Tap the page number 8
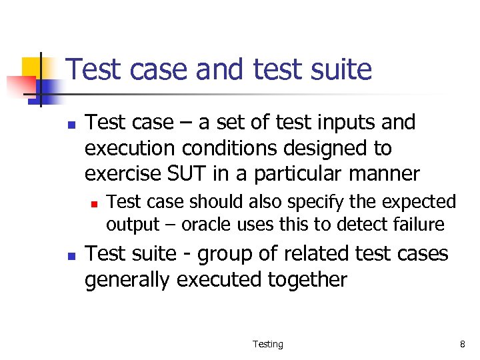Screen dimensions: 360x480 tap(462, 344)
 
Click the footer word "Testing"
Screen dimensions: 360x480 tap(267, 344)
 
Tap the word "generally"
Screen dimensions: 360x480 tap(127, 280)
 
